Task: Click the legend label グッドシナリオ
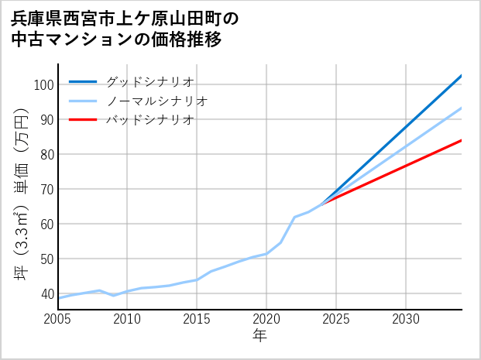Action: point(149,81)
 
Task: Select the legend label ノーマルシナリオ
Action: point(156,101)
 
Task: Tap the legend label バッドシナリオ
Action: point(149,120)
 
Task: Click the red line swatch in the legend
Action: point(84,120)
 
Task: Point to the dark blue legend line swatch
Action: point(84,81)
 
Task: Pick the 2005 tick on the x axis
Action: point(57,319)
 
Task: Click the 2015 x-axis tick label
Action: point(197,319)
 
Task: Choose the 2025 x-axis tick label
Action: point(336,319)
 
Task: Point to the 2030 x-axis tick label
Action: point(406,319)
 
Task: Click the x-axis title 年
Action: point(259,335)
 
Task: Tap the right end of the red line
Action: point(461,140)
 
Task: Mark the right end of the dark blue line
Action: point(461,76)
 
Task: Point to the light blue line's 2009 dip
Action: point(114,295)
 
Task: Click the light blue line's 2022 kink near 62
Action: point(294,218)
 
